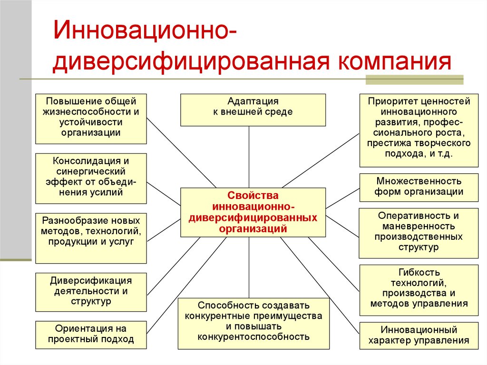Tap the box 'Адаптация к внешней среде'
(x=253, y=110)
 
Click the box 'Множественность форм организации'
(x=419, y=187)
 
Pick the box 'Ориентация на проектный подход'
(x=91, y=334)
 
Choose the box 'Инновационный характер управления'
(x=419, y=335)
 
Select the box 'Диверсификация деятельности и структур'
(x=91, y=291)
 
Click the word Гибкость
(x=419, y=272)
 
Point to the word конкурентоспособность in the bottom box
(x=253, y=337)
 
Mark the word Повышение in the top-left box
(x=64, y=101)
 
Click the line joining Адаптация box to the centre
(x=249, y=157)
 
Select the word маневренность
(x=419, y=226)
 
